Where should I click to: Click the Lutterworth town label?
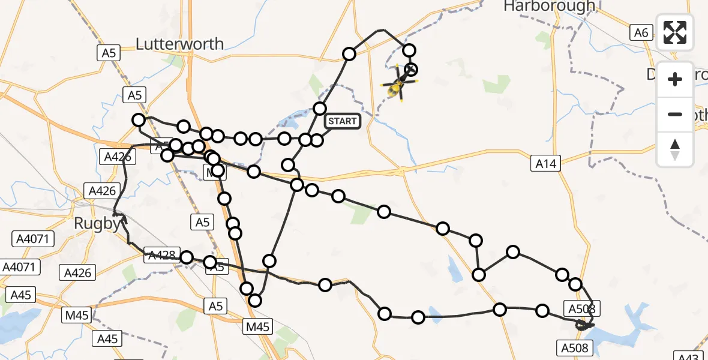[180, 44]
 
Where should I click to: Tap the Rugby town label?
[97, 224]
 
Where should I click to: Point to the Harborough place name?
[549, 7]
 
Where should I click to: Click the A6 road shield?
[641, 32]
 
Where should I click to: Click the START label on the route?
[342, 121]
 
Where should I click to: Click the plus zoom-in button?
[675, 79]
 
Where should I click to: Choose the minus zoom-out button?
[675, 114]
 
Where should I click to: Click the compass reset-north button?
[675, 149]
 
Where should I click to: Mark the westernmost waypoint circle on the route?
[139, 120]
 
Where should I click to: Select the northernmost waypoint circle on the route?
[409, 50]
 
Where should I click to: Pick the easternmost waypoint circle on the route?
[575, 284]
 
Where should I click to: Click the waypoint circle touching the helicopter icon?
[411, 69]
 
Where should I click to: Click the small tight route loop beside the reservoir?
[583, 325]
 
